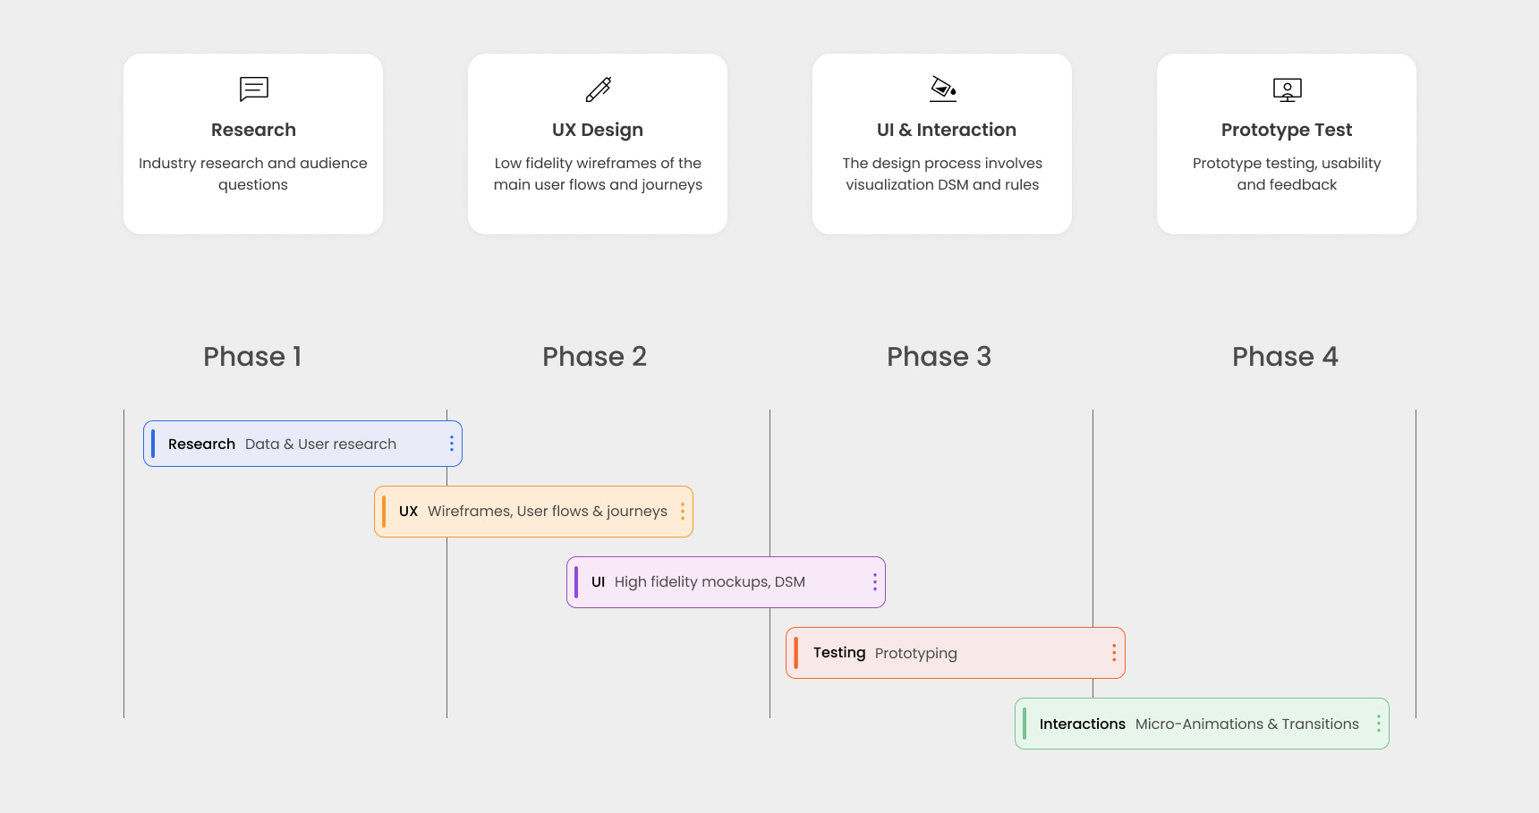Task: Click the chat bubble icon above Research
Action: [x=253, y=89]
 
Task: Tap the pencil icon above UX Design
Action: [x=599, y=89]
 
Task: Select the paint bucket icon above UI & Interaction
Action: [x=943, y=89]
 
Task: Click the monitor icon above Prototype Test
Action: [x=1288, y=89]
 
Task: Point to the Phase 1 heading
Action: [x=252, y=357]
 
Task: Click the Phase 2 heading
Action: [x=594, y=357]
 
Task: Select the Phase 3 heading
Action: [x=939, y=357]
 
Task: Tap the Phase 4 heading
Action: [x=1285, y=357]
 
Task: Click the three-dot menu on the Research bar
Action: [x=452, y=444]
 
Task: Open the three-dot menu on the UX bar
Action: [x=683, y=512]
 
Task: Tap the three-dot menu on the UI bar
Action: [x=875, y=582]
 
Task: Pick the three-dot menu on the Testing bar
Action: [x=1114, y=653]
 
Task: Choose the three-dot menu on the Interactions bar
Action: [x=1379, y=724]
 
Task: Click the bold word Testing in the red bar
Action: [x=839, y=653]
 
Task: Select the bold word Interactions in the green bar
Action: [x=1083, y=724]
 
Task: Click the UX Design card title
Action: [x=598, y=130]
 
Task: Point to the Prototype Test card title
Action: [x=1287, y=130]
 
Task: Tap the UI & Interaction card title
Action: [x=947, y=130]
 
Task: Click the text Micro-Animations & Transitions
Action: [x=1247, y=724]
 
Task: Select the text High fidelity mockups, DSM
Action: [x=710, y=582]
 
